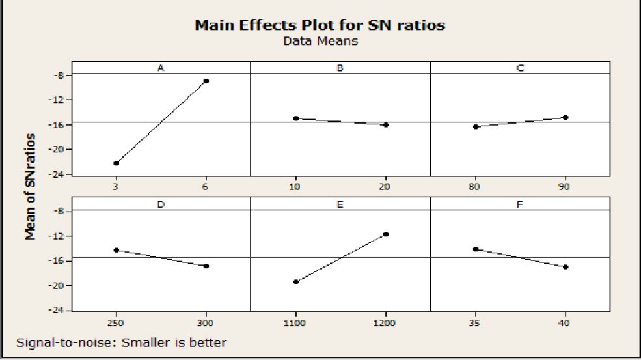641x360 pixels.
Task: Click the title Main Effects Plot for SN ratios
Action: pyautogui.click(x=320, y=25)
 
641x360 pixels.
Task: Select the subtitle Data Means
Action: pyautogui.click(x=320, y=42)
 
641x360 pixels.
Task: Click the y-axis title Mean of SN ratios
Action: pyautogui.click(x=31, y=187)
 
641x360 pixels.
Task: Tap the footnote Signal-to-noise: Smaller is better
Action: pyautogui.click(x=122, y=342)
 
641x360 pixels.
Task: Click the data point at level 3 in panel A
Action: pyautogui.click(x=116, y=163)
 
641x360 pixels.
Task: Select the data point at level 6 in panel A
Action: pyautogui.click(x=206, y=81)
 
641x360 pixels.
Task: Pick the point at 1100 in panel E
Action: pyautogui.click(x=296, y=281)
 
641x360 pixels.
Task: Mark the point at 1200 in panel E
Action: pyautogui.click(x=386, y=234)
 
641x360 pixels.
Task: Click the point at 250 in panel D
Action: pyautogui.click(x=116, y=250)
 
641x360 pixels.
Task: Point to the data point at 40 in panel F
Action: pyautogui.click(x=566, y=267)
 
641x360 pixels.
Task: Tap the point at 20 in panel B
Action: pyautogui.click(x=386, y=124)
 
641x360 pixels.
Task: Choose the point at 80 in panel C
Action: pyautogui.click(x=476, y=126)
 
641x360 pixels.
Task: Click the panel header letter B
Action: pyautogui.click(x=340, y=68)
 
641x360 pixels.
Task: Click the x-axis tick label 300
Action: pyautogui.click(x=206, y=322)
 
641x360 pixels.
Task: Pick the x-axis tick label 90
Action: pyautogui.click(x=565, y=186)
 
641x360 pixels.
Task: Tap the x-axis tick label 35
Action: pyautogui.click(x=476, y=322)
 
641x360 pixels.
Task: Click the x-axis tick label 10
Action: pyautogui.click(x=296, y=186)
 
